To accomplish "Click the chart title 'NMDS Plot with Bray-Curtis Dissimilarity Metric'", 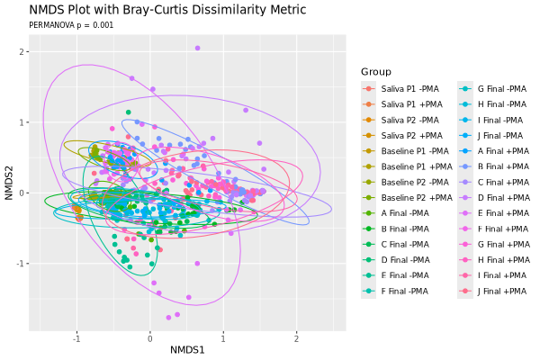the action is coord(167,10).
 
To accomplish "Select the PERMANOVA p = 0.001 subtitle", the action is coord(71,25).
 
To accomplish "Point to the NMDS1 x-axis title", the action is coord(187,350).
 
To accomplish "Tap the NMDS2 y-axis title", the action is coord(9,183).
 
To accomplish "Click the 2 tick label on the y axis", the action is coord(22,51).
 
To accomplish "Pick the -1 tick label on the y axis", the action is coord(21,264).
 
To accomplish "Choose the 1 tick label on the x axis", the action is coord(223,339).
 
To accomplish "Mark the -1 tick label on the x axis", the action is coord(76,339).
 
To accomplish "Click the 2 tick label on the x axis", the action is coord(296,339).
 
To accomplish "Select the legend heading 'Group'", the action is coord(376,72).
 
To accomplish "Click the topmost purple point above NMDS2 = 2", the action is coord(197,48).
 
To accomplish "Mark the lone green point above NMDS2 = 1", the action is coord(129,112).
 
